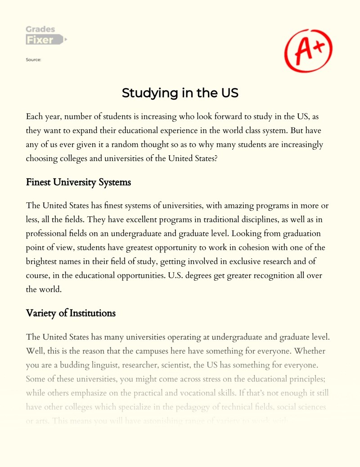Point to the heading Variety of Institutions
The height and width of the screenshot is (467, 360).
click(x=71, y=313)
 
